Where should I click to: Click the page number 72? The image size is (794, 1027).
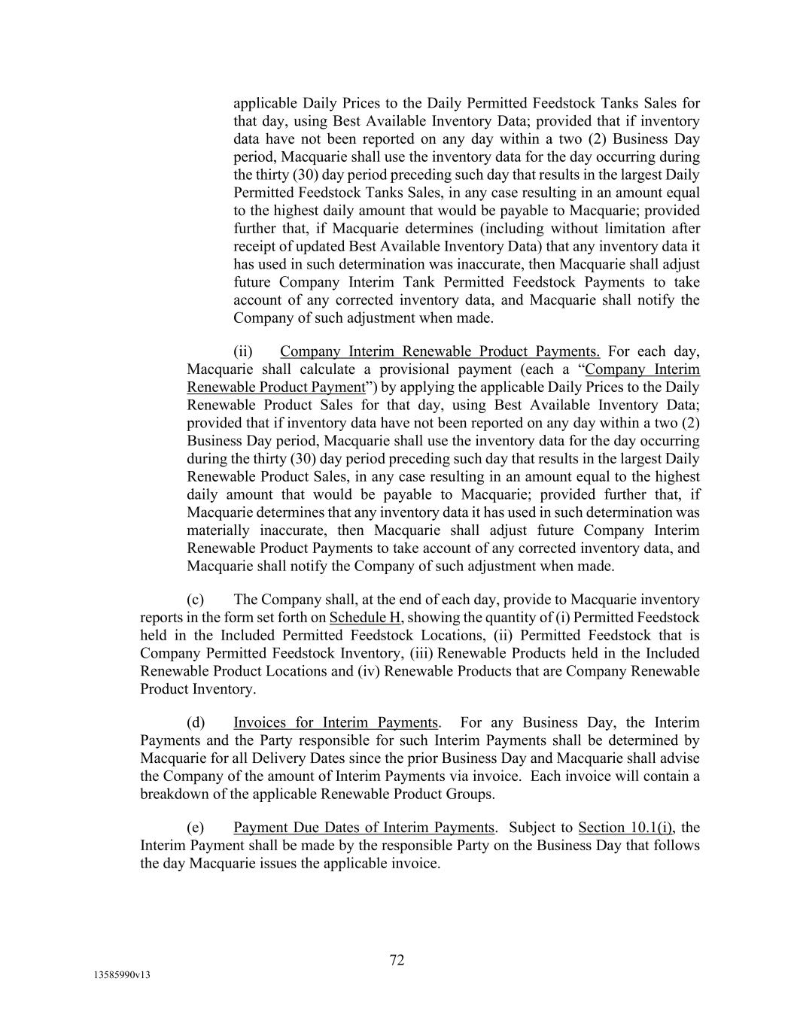point(397,960)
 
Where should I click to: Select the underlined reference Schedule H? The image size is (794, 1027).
point(365,618)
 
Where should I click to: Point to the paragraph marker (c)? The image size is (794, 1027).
point(196,600)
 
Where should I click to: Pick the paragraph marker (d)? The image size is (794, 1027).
point(196,722)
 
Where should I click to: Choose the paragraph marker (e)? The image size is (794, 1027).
point(196,828)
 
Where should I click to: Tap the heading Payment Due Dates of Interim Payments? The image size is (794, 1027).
point(364,828)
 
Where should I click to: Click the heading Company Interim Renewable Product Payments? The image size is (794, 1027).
point(440,351)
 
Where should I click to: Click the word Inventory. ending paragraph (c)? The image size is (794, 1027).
point(224,689)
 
